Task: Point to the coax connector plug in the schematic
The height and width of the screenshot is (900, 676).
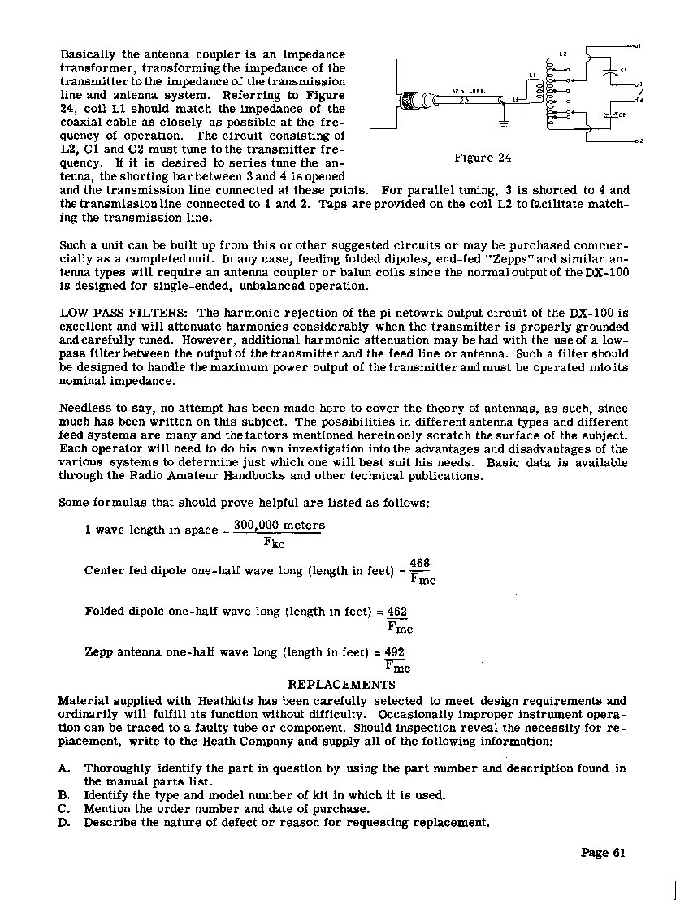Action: [422, 101]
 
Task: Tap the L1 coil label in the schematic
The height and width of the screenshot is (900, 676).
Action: [533, 76]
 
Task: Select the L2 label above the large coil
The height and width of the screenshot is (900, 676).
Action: [562, 54]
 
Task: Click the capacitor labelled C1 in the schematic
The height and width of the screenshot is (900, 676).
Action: [611, 71]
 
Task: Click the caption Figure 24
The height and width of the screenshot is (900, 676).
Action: [483, 158]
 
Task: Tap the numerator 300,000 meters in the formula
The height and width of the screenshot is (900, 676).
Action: [279, 526]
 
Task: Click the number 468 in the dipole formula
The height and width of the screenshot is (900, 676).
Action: [419, 564]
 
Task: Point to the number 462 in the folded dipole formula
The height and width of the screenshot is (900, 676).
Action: [397, 611]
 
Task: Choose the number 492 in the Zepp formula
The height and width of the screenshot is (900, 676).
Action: [395, 652]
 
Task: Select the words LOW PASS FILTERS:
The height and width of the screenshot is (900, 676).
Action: [125, 313]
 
